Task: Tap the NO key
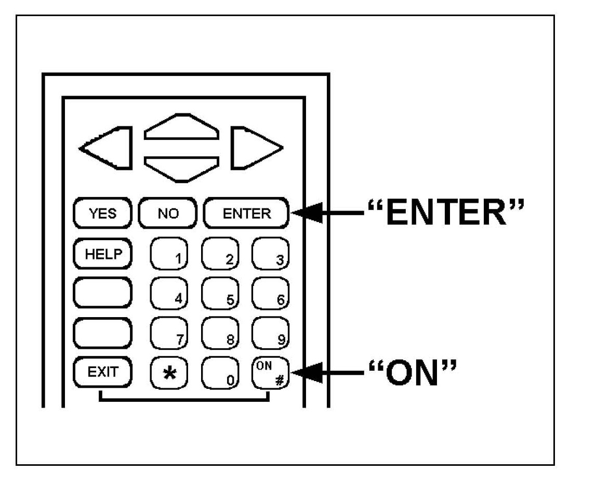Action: [168, 213]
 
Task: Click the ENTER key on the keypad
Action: [246, 213]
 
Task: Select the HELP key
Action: [103, 254]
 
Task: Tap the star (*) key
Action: [168, 373]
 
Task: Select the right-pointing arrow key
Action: [254, 148]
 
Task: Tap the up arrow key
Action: [181, 128]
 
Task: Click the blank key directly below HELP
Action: [103, 293]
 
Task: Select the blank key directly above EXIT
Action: [103, 333]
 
